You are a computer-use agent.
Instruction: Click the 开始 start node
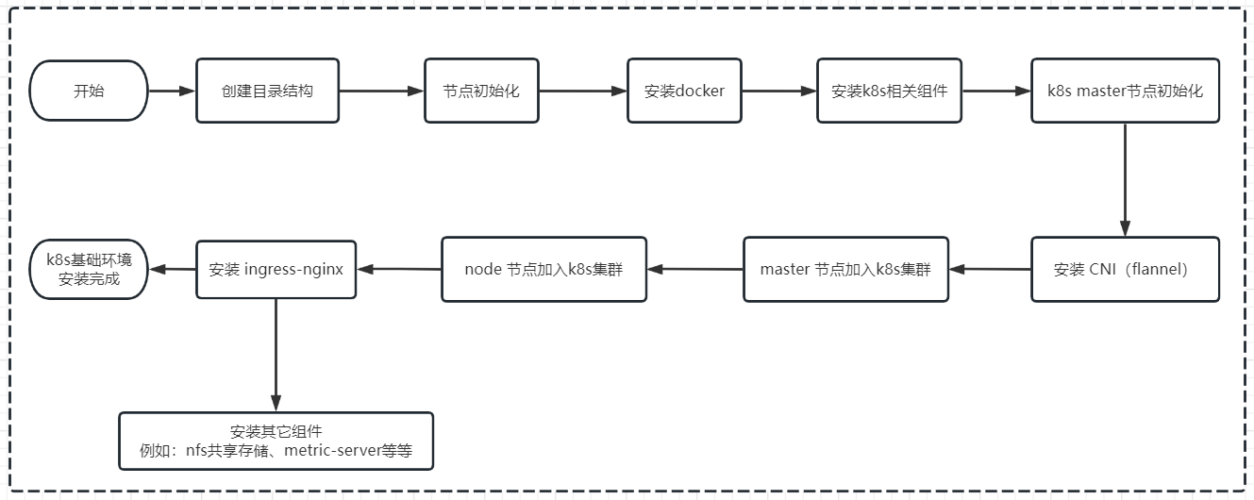[89, 92]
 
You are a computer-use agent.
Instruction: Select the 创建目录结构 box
[267, 92]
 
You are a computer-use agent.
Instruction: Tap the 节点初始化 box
[481, 92]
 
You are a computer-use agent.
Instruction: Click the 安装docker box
[684, 92]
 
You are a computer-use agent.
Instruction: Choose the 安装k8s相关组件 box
[889, 92]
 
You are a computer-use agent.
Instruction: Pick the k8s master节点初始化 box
[1125, 92]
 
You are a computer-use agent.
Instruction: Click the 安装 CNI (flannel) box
[1125, 269]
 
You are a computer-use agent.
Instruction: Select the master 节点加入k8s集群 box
[845, 269]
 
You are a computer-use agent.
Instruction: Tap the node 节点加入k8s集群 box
[543, 269]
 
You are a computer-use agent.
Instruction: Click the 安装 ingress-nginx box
[276, 269]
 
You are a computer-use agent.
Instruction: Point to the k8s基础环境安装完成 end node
[89, 269]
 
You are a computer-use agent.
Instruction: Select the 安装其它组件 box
[276, 441]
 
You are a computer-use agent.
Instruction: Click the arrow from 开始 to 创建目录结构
[172, 92]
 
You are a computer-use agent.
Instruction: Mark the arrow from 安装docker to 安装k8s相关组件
[778, 92]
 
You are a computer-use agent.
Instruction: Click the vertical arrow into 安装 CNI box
[1125, 179]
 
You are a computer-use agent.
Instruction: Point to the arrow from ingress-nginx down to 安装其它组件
[276, 354]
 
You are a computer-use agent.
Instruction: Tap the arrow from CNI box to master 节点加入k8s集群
[990, 269]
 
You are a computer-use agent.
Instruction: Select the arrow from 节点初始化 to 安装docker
[582, 92]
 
